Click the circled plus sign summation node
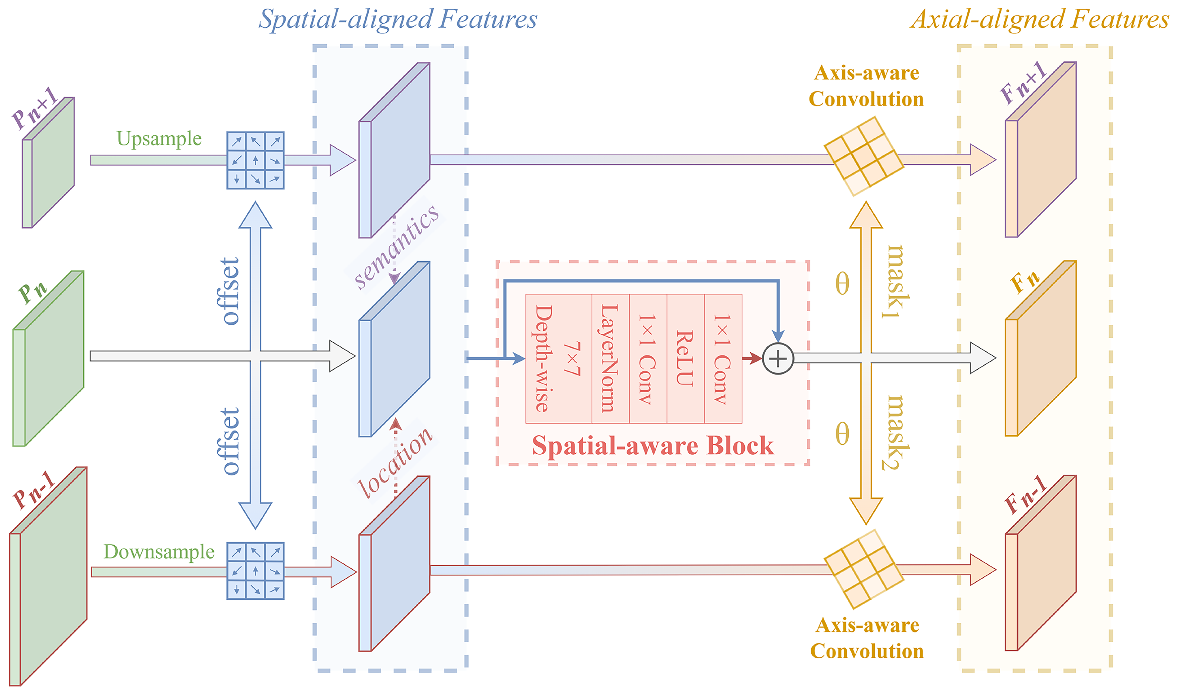point(778,359)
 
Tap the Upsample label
point(159,139)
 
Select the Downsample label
point(159,552)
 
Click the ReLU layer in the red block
point(685,359)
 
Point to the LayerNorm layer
point(610,359)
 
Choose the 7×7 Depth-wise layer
point(558,359)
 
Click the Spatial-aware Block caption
point(652,445)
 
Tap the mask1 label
point(896,281)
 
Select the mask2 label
point(896,432)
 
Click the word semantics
point(396,247)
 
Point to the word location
point(395,462)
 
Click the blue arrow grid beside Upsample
point(255,160)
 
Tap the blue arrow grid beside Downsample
point(255,571)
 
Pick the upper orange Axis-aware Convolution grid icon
point(863,156)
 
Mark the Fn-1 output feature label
point(1025,495)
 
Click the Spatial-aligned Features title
point(397,20)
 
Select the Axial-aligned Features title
point(1039,20)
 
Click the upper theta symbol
point(842,284)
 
